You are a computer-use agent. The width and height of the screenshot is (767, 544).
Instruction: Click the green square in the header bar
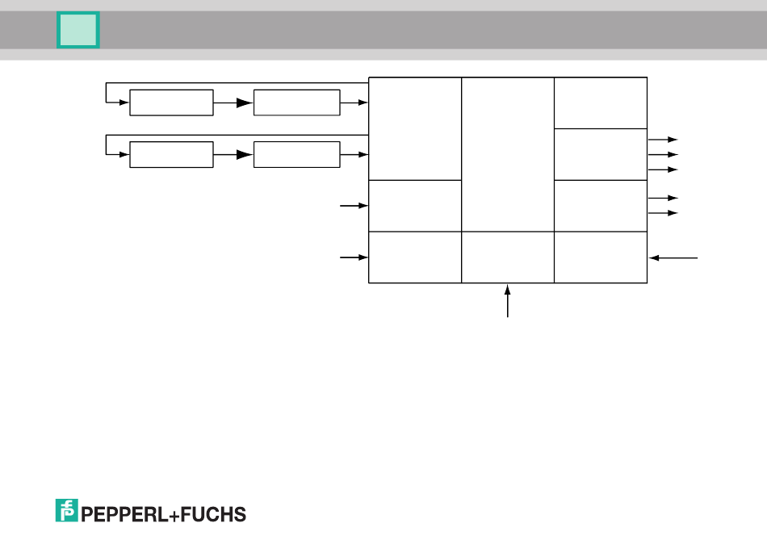[78, 30]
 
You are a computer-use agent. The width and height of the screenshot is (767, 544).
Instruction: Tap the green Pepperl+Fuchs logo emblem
[66, 510]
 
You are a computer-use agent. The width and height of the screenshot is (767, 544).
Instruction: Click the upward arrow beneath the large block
[508, 300]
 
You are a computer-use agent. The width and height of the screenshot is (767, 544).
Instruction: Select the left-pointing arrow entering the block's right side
[673, 257]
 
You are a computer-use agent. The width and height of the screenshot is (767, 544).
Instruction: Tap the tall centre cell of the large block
[507, 154]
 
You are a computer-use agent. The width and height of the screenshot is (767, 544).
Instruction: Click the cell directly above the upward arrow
[507, 257]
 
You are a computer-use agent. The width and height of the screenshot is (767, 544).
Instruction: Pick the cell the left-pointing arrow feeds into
[601, 257]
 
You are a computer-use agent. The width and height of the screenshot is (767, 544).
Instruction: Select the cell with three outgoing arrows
[601, 154]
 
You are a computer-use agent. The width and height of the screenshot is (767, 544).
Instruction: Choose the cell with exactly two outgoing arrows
[601, 206]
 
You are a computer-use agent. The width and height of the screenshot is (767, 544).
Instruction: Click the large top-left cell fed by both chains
[414, 128]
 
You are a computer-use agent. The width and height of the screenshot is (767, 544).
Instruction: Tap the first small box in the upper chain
[171, 103]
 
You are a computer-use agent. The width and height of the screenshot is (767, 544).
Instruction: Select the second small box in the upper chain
[296, 103]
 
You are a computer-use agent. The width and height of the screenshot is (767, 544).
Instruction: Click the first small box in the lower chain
[171, 154]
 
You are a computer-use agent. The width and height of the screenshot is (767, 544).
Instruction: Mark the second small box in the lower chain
[296, 154]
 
